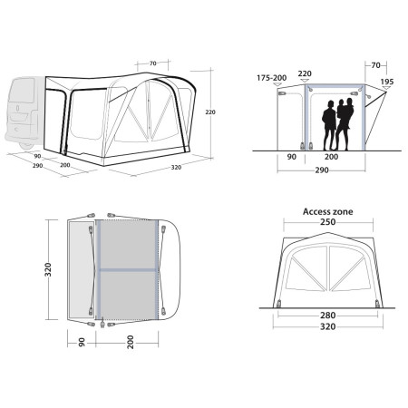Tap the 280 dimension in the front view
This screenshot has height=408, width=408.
[x=316, y=316]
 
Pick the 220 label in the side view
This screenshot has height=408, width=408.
[x=305, y=74]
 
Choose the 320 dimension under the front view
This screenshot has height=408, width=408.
[x=316, y=326]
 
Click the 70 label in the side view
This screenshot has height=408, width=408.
[x=374, y=64]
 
